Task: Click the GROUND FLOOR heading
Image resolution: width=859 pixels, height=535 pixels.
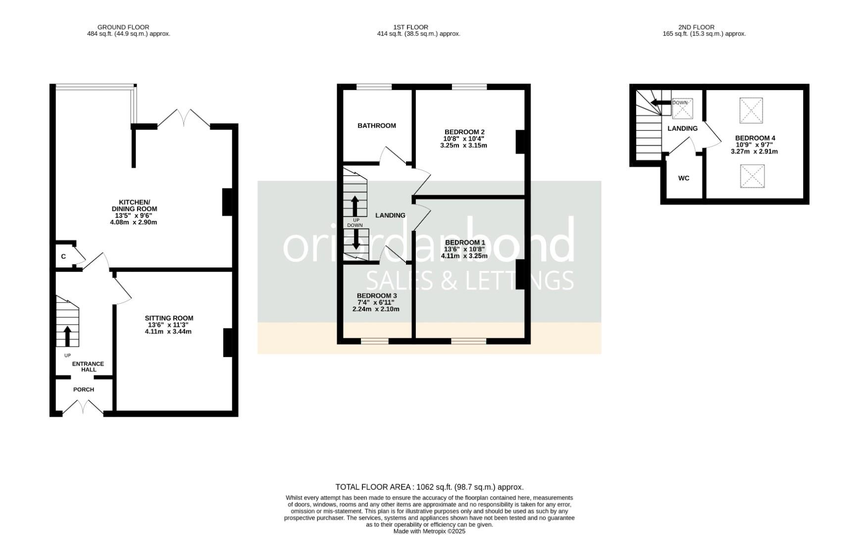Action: (123, 27)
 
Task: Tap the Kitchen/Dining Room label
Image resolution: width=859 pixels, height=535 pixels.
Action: (134, 206)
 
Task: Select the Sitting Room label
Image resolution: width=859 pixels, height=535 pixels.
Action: (169, 318)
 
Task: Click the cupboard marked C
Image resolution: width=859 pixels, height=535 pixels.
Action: (64, 257)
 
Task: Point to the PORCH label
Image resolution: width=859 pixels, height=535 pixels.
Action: (84, 389)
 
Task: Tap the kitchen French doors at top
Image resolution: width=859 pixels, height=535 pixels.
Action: (183, 118)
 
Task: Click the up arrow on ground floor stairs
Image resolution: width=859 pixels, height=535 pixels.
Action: (67, 336)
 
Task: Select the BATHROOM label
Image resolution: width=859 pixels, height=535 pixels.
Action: (377, 126)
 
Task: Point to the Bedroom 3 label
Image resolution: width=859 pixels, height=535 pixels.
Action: (377, 296)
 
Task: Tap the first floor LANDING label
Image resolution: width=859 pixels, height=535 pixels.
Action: (390, 215)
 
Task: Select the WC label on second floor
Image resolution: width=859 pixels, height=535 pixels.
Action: (684, 178)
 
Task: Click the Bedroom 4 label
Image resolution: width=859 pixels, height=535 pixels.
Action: (755, 138)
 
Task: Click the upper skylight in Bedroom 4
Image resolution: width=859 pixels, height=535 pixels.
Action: (751, 110)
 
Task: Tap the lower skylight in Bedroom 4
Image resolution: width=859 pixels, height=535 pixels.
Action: (752, 176)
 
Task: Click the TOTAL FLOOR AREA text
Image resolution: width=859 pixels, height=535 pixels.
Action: (429, 487)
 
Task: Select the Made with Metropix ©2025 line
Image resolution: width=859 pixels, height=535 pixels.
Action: (429, 531)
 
